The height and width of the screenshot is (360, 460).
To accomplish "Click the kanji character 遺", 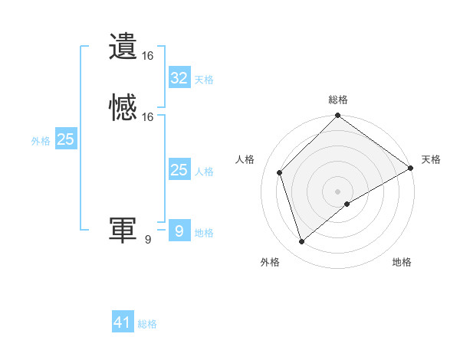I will [x=123, y=46].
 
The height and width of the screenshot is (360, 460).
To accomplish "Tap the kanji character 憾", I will [x=123, y=107].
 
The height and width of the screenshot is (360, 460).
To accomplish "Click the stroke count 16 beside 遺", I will [x=148, y=56].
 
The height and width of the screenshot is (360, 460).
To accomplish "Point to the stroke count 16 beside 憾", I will [x=148, y=117].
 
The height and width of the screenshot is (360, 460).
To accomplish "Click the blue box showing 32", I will [x=179, y=78].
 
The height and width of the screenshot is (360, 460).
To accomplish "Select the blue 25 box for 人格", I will [x=179, y=170].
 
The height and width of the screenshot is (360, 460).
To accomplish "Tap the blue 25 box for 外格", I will [x=65, y=139].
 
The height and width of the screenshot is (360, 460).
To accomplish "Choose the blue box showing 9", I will [x=179, y=231].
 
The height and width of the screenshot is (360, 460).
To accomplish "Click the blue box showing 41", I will [x=123, y=322].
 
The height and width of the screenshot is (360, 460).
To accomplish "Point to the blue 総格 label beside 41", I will [x=147, y=324].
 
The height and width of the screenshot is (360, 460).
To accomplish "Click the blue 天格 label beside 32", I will [x=204, y=80].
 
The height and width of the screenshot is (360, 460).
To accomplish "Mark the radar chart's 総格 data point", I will [x=337, y=116].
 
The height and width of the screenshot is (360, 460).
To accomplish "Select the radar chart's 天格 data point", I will [x=411, y=168].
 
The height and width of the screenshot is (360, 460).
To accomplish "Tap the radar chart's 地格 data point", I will [x=347, y=204].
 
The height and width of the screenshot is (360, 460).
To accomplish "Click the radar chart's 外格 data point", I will [x=302, y=242].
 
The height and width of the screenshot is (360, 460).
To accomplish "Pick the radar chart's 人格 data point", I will [x=280, y=172].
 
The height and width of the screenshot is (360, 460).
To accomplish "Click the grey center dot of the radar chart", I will [x=337, y=191].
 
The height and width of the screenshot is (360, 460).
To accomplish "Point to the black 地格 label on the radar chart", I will [x=402, y=263].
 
